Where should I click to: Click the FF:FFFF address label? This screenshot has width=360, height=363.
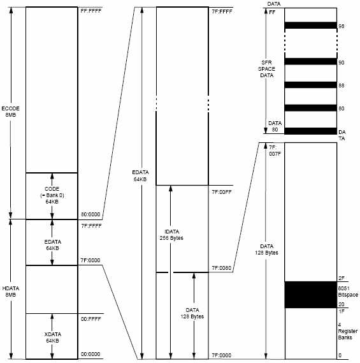(x=91, y=11)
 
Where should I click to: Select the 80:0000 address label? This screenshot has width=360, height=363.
(x=90, y=214)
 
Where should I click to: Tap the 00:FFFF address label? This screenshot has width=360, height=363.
(x=91, y=319)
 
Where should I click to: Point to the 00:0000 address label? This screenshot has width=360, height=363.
(x=90, y=354)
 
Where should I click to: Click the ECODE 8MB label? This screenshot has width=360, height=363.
(x=10, y=112)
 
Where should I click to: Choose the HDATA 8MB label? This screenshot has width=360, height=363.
(x=11, y=292)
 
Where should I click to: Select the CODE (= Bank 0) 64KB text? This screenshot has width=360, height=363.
(x=52, y=195)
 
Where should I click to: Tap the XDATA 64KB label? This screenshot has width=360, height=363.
(x=52, y=337)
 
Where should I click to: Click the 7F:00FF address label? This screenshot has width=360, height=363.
(x=222, y=192)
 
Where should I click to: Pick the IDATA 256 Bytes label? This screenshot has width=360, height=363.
(x=171, y=235)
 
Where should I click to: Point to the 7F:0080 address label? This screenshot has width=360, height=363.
(x=221, y=268)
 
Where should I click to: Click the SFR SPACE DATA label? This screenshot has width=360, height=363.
(x=266, y=69)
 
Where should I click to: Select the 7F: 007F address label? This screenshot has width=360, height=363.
(x=275, y=151)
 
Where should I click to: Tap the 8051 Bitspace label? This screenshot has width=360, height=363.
(x=348, y=292)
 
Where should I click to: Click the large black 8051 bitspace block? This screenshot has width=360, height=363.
(x=310, y=295)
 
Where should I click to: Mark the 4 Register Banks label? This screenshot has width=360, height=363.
(x=348, y=331)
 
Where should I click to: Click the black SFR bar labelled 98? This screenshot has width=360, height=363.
(x=310, y=26)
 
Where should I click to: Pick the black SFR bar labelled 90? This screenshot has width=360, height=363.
(x=310, y=62)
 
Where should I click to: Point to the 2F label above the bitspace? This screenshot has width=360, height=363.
(x=342, y=278)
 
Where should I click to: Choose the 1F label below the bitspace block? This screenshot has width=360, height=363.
(x=342, y=311)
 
